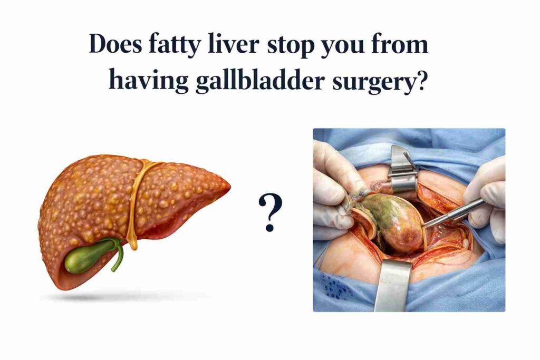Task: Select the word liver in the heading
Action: (233, 44)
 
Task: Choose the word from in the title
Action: (400, 44)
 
